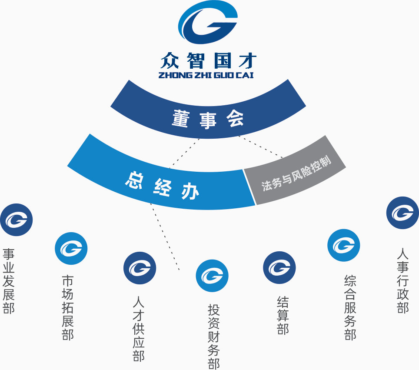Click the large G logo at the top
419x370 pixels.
coord(208,25)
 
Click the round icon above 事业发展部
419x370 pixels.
coord(17,220)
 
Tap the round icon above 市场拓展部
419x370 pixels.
coord(71,248)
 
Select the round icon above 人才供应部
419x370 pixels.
coord(140,268)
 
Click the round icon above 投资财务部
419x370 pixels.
coord(212,275)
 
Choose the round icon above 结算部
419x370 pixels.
coord(279,267)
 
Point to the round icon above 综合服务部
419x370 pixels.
coord(343,245)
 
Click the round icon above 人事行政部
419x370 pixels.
coord(402,213)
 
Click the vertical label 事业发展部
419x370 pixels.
coord(9,281)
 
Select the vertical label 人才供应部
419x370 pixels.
coord(138,329)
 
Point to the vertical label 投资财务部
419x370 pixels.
coord(213,337)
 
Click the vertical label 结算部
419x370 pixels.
coord(283,315)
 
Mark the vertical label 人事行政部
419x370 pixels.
coord(403,281)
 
